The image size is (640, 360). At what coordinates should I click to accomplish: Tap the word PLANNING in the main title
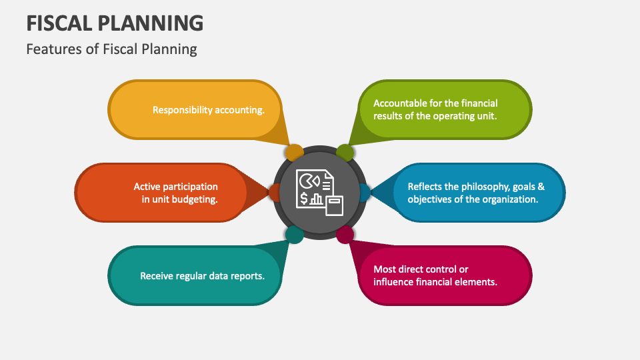153,23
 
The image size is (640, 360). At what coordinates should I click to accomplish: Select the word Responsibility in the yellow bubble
182,110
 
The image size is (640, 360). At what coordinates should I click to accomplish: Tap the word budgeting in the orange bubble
196,199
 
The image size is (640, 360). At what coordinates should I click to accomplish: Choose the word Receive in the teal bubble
156,275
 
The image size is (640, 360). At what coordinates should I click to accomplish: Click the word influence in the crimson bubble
393,281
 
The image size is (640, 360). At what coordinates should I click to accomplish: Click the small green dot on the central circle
344,153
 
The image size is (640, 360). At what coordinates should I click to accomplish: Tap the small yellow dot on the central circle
293,153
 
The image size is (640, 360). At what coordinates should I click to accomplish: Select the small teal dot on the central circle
294,234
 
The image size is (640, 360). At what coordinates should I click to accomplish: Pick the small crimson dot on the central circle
344,234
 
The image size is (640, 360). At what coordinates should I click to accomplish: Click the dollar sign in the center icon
304,198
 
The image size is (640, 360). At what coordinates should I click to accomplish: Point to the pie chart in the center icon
308,180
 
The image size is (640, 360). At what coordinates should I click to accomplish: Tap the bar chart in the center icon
316,199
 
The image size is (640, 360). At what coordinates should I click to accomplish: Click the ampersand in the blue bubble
541,187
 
